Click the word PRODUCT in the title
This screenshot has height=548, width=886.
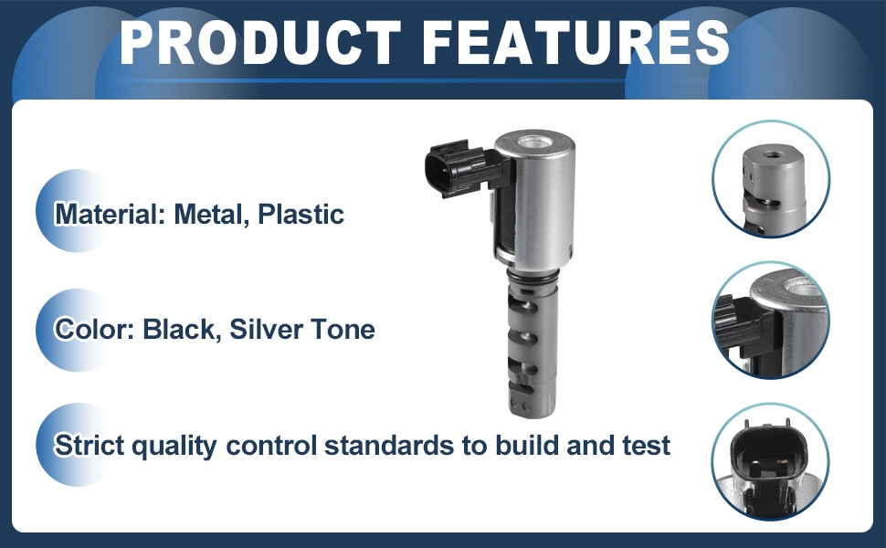[x=261, y=42]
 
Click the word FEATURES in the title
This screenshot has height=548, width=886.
[x=575, y=42]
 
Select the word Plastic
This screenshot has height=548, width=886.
[x=301, y=214]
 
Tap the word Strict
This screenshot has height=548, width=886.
[x=89, y=445]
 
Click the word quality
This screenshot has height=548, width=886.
[x=174, y=447]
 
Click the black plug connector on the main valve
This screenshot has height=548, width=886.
[x=459, y=168]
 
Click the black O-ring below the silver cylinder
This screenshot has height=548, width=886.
[x=533, y=275]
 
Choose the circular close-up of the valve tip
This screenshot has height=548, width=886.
[x=771, y=178]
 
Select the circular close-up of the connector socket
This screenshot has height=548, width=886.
[x=771, y=460]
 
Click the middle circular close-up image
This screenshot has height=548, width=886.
[x=771, y=321]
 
